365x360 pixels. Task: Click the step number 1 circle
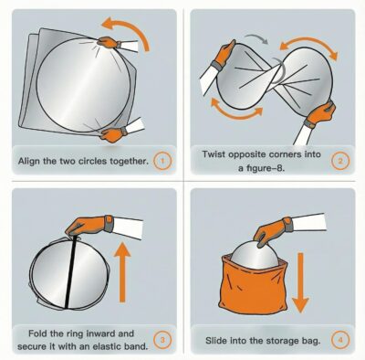[x=162, y=161]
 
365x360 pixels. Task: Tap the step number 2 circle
[x=340, y=161]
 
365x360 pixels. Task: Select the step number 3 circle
[x=162, y=340]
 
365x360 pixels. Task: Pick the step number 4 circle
[x=340, y=340]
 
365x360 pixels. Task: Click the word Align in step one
[x=29, y=161]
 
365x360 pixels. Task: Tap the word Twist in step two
[x=214, y=154]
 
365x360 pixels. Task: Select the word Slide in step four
[x=216, y=340]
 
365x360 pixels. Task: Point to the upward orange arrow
[x=122, y=272]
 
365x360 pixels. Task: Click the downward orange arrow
[x=300, y=282]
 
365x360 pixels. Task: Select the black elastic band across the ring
[x=70, y=271]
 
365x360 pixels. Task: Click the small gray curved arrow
[x=257, y=37]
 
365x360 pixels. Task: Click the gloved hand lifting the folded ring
[x=89, y=226]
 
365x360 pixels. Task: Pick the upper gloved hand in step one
[x=109, y=42]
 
